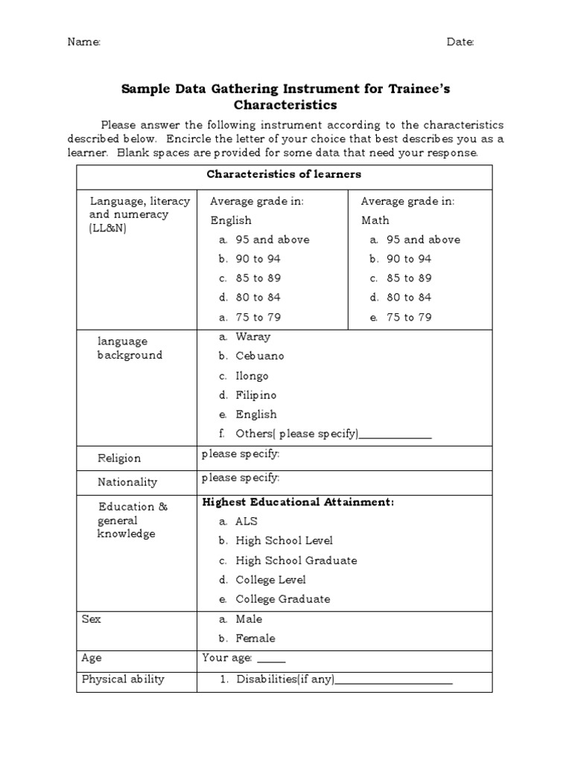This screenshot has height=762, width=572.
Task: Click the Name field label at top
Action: click(x=84, y=42)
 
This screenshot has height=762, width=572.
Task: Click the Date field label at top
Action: click(x=460, y=42)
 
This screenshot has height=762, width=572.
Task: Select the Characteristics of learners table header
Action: click(x=284, y=175)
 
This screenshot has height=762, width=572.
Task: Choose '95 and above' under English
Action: click(x=272, y=240)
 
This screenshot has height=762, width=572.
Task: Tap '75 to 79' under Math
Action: click(x=408, y=317)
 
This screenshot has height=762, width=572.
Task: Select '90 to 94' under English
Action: click(x=258, y=259)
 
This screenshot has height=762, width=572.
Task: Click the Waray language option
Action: click(x=252, y=336)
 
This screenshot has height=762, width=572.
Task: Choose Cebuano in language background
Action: click(x=259, y=356)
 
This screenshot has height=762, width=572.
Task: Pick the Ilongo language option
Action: click(x=252, y=376)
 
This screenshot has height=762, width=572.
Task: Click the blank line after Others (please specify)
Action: click(x=395, y=435)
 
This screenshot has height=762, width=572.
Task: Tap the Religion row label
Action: click(x=119, y=458)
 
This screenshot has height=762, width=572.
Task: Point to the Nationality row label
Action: click(x=127, y=482)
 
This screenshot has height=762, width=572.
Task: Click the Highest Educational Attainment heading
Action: click(x=298, y=502)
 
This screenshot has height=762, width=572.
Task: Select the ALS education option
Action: click(x=246, y=522)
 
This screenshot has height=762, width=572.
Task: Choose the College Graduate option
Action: click(x=282, y=599)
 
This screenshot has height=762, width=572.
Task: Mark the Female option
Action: click(x=255, y=638)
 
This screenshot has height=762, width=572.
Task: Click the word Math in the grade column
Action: click(x=375, y=220)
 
